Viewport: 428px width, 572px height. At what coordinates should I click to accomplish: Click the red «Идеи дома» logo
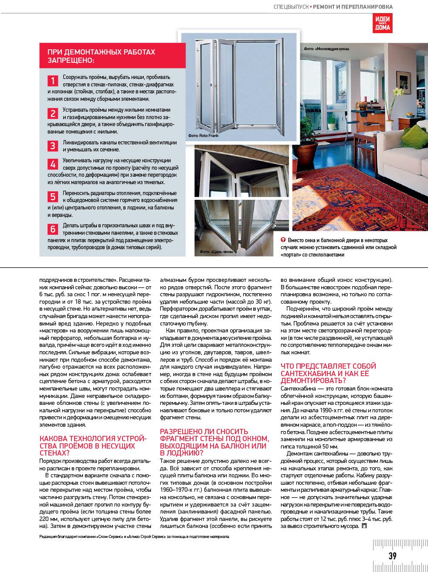click(x=382, y=23)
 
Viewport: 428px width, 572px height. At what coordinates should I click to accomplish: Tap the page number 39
click(x=392, y=556)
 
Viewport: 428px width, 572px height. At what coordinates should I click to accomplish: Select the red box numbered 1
click(x=53, y=81)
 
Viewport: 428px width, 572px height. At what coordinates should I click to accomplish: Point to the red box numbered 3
click(x=53, y=146)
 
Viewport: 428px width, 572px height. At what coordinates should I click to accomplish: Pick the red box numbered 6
click(x=53, y=229)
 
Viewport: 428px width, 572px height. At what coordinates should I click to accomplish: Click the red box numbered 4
click(x=53, y=164)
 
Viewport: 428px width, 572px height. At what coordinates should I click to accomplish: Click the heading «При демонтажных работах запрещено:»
click(x=101, y=56)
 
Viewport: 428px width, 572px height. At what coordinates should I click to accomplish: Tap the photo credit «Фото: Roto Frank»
click(x=204, y=136)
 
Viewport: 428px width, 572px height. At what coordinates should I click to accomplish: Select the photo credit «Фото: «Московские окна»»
click(x=326, y=49)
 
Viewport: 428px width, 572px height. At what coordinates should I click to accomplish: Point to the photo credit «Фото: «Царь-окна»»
click(x=217, y=252)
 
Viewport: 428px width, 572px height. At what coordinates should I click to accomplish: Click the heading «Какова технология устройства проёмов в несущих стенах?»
click(x=93, y=445)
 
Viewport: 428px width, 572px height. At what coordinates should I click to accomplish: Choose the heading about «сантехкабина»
click(x=328, y=373)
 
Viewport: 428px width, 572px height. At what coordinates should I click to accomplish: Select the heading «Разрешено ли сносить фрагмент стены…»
click(x=214, y=442)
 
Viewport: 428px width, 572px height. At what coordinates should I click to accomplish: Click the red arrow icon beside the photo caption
click(x=283, y=240)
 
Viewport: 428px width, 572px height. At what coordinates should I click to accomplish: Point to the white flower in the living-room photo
click(x=397, y=92)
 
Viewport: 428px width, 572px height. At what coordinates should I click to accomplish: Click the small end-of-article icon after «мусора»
click(x=364, y=526)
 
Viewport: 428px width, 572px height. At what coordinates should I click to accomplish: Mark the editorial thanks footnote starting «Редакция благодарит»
click(x=134, y=537)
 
